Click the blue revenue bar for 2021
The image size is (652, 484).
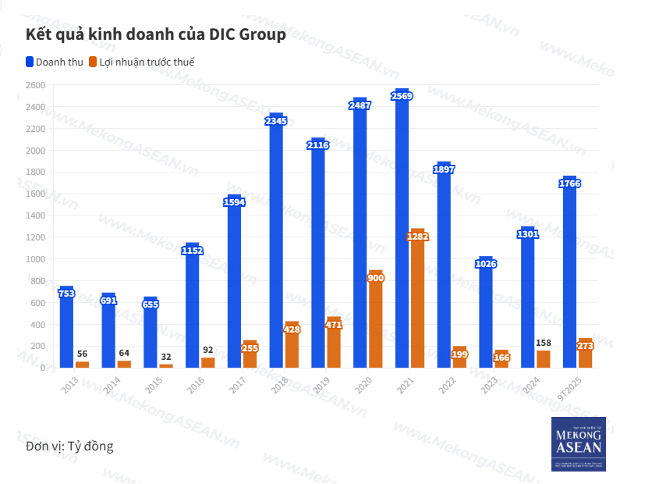(x=402, y=234)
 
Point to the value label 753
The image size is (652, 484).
(x=66, y=294)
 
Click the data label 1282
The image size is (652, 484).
(x=418, y=236)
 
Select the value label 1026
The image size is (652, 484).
(x=486, y=264)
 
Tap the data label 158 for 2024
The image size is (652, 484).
(x=544, y=343)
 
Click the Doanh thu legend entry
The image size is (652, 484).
(x=54, y=62)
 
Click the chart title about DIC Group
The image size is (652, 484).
(x=156, y=35)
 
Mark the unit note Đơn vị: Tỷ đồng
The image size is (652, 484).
(x=69, y=447)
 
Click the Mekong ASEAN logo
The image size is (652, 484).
(x=578, y=444)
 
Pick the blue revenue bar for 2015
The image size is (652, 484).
(x=151, y=336)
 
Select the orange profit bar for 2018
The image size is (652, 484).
(x=292, y=347)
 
